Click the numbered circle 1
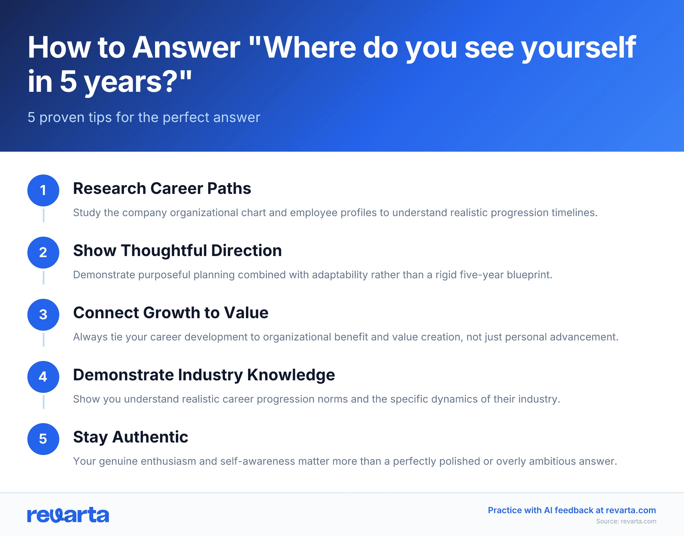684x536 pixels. (43, 190)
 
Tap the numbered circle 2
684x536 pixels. (43, 252)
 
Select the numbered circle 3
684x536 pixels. (43, 314)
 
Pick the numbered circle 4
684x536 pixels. (43, 377)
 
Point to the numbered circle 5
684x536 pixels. (43, 439)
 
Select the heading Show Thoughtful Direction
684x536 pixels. (177, 250)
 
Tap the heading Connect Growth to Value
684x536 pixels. (171, 312)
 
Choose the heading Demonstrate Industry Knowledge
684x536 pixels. (204, 375)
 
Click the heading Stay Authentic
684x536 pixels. (131, 437)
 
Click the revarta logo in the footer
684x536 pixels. (68, 515)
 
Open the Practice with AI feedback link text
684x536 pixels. (572, 510)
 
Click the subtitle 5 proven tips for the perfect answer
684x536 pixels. (144, 117)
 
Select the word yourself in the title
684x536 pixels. (579, 48)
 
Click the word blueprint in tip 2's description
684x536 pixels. (529, 275)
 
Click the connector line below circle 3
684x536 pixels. (43, 340)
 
